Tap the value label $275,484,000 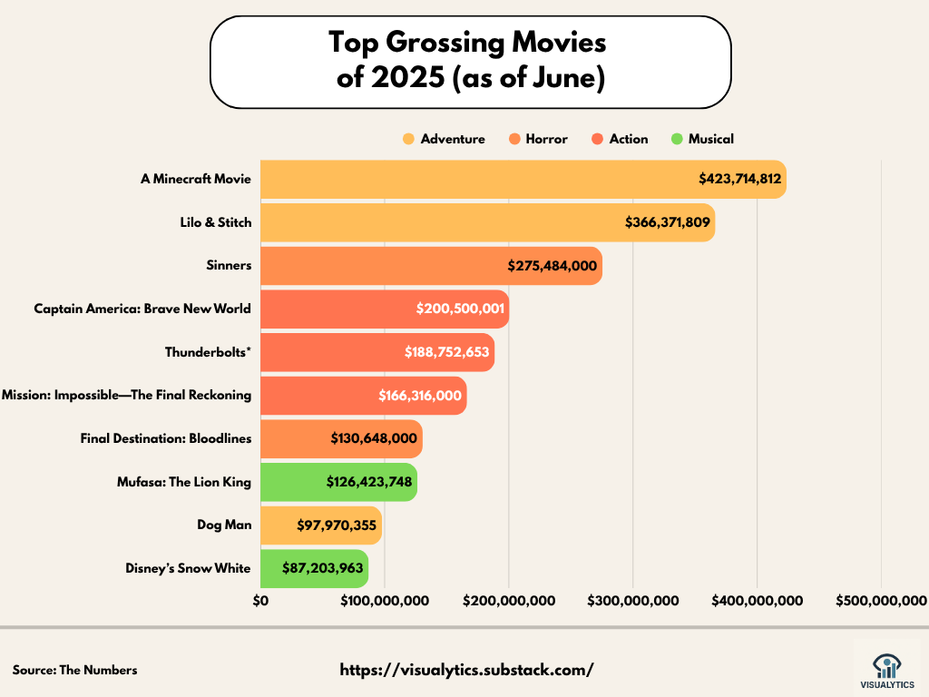tap(552, 266)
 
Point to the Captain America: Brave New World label tap(142, 309)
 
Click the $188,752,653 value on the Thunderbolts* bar tap(447, 352)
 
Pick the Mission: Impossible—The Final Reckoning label tap(127, 395)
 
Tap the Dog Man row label tap(224, 525)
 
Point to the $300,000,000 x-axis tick tap(633, 600)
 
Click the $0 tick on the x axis tap(261, 600)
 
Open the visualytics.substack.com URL tap(466, 670)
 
